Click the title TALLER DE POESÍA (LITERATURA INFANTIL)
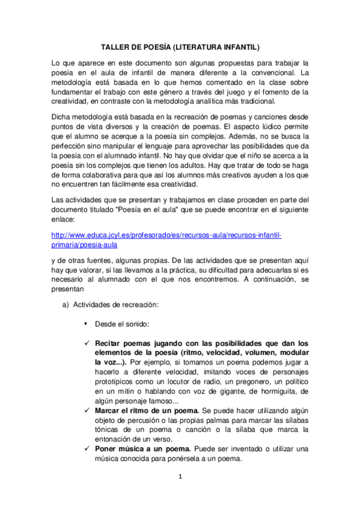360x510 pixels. (x=180, y=46)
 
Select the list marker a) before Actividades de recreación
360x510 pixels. (x=66, y=305)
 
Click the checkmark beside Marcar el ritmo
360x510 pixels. (x=87, y=411)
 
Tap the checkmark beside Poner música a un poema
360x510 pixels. (x=87, y=449)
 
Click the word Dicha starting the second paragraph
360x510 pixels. (x=61, y=117)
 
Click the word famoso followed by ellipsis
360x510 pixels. (x=171, y=401)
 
